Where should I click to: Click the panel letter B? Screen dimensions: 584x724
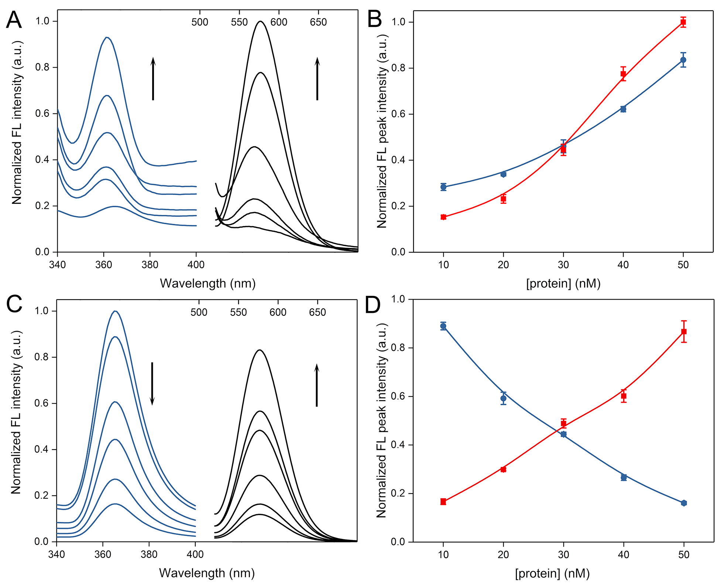click(x=374, y=20)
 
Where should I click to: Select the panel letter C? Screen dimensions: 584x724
click(x=14, y=304)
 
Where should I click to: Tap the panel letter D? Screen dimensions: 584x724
click(x=373, y=305)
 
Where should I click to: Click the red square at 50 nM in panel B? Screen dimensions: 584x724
click(x=683, y=22)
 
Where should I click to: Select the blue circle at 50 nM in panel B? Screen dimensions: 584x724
click(x=683, y=60)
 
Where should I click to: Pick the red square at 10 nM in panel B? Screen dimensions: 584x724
click(x=443, y=217)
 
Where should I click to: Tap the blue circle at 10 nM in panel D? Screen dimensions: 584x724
click(x=443, y=326)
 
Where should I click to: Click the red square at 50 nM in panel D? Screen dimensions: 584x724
click(x=684, y=331)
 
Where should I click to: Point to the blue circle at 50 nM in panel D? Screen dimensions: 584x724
click(x=684, y=503)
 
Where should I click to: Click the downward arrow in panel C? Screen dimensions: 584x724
click(x=152, y=383)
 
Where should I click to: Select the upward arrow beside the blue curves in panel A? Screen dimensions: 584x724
click(x=153, y=79)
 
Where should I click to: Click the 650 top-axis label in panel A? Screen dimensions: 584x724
click(x=318, y=22)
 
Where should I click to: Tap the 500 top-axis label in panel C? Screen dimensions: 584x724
click(x=199, y=313)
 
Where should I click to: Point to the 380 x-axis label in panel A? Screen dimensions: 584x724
click(x=150, y=264)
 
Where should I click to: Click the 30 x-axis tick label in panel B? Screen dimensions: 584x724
click(x=563, y=264)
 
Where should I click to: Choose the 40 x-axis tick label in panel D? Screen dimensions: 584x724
click(x=624, y=554)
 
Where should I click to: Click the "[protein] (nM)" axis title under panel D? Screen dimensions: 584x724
click(x=552, y=573)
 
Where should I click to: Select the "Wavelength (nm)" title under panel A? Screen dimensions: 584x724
click(x=207, y=283)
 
